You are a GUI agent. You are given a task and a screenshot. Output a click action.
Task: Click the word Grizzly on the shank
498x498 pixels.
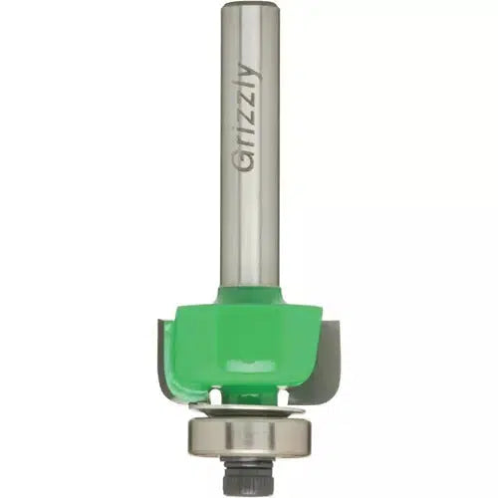(x=247, y=118)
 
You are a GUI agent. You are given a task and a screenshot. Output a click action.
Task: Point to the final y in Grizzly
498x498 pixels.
(x=251, y=72)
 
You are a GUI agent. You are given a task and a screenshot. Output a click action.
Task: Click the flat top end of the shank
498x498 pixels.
(x=249, y=3)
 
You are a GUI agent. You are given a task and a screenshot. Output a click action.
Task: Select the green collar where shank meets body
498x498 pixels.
(x=249, y=294)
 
